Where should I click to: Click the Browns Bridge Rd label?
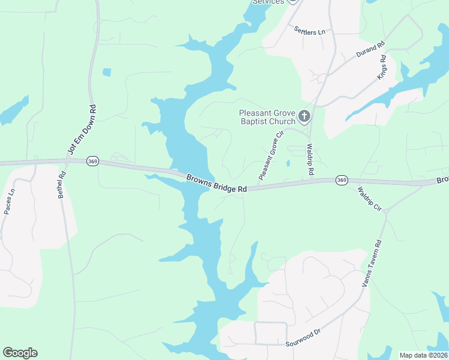pos(217,183)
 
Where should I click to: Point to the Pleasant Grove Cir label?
pos(270,156)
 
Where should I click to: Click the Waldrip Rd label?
pos(310,159)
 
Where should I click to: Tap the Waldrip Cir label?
pos(369,199)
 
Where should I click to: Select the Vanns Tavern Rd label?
pos(372,263)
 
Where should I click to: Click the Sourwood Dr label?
pos(303,339)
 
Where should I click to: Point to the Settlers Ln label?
pos(309,30)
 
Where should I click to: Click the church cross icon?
pos(304,115)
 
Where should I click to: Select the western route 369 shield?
pos(92,161)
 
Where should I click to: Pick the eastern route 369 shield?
pos(342,179)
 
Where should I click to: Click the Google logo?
pos(20,353)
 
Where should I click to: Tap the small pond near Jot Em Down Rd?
pos(107,73)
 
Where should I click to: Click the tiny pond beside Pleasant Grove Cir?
pos(288,163)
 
